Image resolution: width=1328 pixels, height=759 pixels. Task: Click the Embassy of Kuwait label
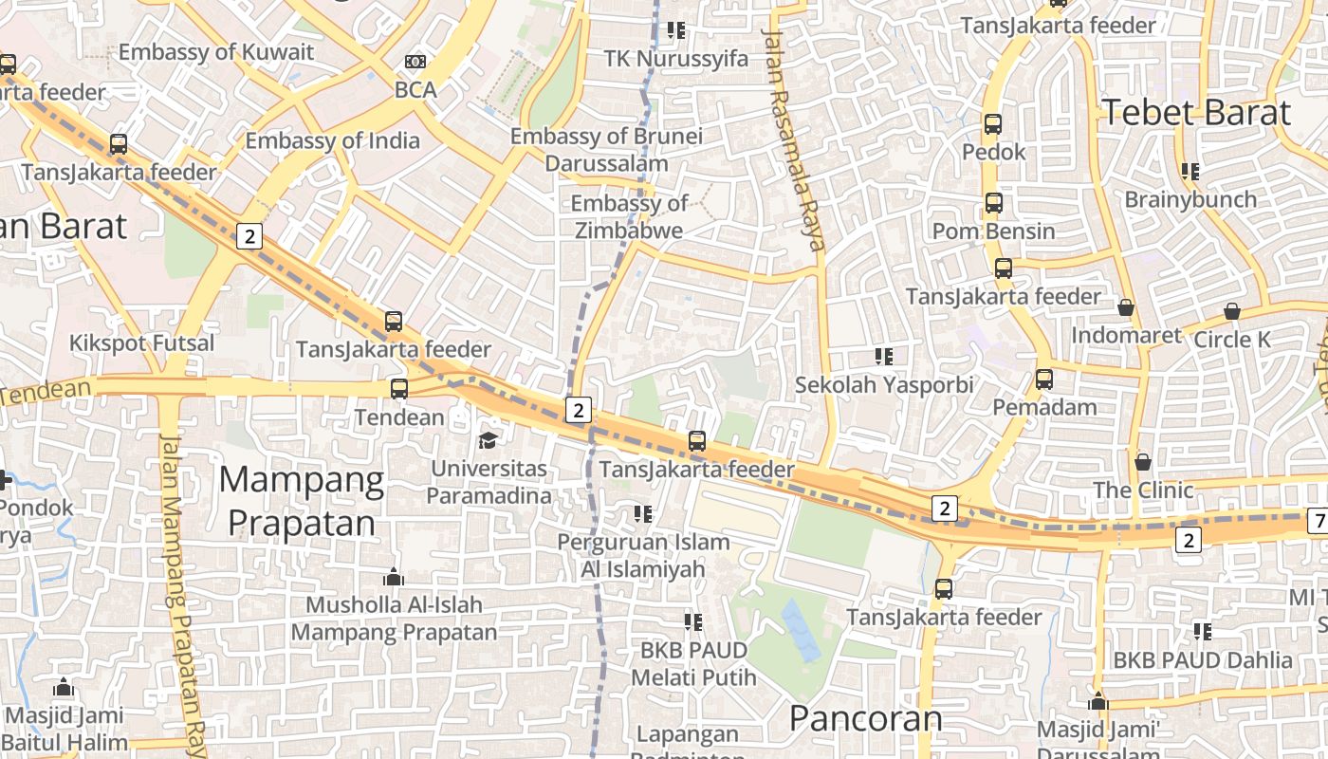pos(215,52)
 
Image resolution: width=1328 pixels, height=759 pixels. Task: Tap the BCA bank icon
pos(415,62)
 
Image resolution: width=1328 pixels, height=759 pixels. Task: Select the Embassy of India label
pos(332,141)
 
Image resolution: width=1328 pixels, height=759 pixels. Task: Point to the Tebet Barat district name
pos(1196,113)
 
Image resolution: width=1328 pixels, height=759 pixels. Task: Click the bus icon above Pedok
pos(993,124)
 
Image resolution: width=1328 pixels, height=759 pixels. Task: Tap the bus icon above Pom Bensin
pos(993,203)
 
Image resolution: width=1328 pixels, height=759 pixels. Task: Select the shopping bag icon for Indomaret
pos(1126,307)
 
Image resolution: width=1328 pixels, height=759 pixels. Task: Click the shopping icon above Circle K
pos(1232,311)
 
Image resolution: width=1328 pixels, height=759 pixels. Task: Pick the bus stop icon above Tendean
pos(399,388)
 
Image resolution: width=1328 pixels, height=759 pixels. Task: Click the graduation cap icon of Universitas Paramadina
pos(488,440)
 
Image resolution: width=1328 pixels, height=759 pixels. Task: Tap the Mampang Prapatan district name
pos(302,501)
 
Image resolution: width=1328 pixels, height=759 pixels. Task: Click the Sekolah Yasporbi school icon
pos(884,357)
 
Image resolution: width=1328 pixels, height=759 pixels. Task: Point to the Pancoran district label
pos(866,718)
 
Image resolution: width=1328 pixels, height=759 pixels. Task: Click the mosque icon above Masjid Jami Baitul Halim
pos(64,688)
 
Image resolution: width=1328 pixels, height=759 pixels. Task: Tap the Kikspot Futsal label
pos(142,342)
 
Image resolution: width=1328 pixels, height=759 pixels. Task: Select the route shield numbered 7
pos(1318,520)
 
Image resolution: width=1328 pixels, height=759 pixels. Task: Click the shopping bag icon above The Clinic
pos(1143,462)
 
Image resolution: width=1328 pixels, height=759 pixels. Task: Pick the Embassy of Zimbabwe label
pos(629,217)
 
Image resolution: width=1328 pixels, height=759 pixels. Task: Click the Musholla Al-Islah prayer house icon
pos(394,577)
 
